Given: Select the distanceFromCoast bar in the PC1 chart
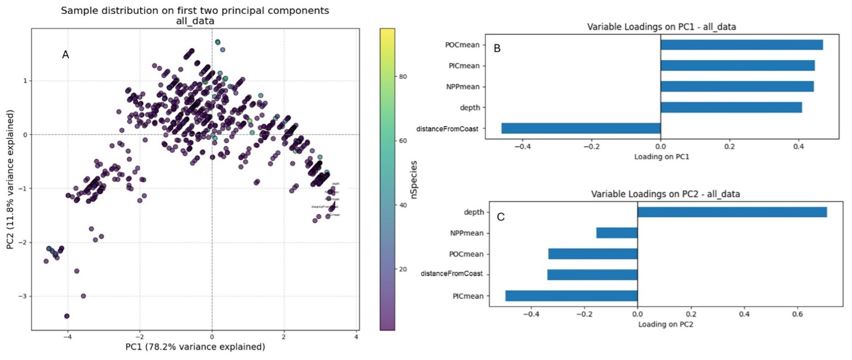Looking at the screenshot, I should click(581, 128).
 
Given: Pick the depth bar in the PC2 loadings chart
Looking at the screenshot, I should click(732, 212).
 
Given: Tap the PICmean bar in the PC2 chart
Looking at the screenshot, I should click(571, 296).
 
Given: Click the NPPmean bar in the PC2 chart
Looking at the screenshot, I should click(617, 233).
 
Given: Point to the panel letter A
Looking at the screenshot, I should click(66, 55).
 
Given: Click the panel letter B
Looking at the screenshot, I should click(497, 48).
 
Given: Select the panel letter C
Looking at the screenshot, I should click(501, 217).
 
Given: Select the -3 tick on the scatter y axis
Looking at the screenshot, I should click(23, 296).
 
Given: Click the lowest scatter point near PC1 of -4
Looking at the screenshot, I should click(67, 316).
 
